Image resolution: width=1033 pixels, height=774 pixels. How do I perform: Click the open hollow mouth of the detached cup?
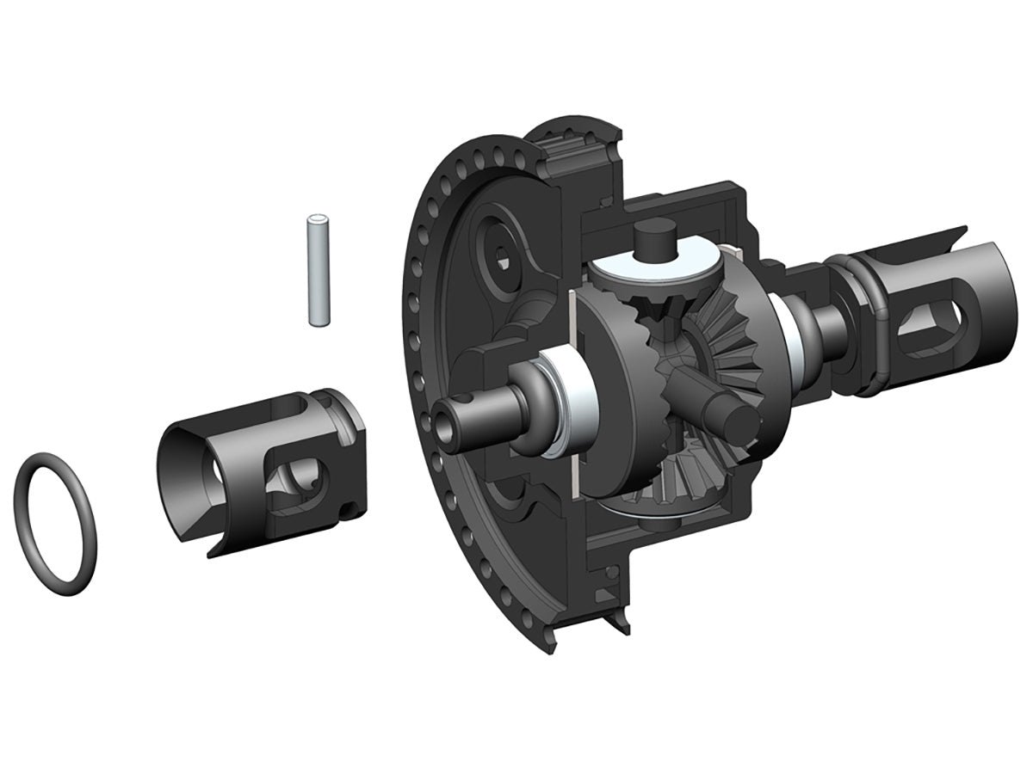point(184,482)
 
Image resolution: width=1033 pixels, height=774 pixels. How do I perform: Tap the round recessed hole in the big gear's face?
point(503,249)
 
